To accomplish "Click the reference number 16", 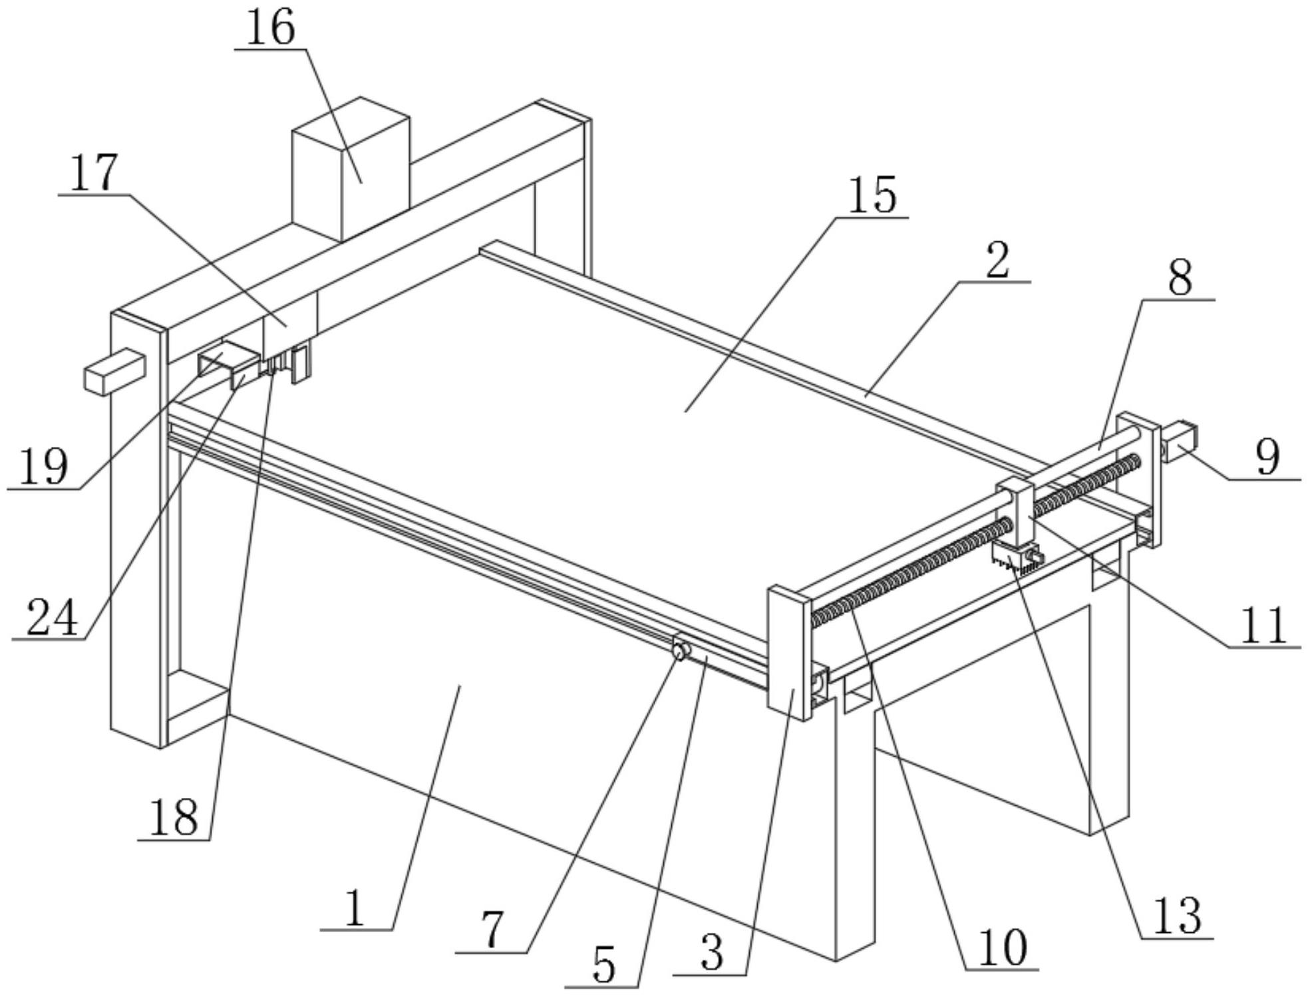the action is (x=270, y=29).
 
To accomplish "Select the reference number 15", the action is (x=873, y=195).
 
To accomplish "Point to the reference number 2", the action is (x=997, y=261).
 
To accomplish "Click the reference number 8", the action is (x=1180, y=278).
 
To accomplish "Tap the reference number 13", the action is (x=1178, y=916).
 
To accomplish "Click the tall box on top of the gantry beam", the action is (x=351, y=169).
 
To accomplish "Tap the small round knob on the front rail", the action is (x=679, y=650).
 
